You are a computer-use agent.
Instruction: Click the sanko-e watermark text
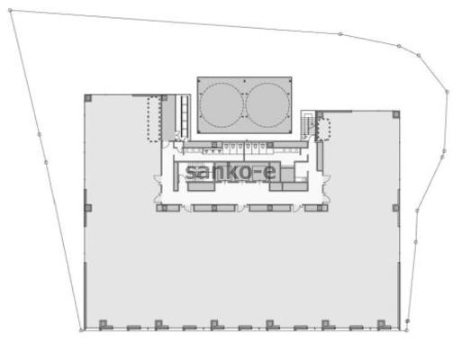tap(231, 172)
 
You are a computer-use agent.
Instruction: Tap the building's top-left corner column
tap(88, 98)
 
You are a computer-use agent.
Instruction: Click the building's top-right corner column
tap(396, 114)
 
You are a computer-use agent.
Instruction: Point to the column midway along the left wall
tap(88, 208)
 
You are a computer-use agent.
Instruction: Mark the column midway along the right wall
tap(396, 208)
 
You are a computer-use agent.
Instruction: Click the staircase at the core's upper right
tap(308, 124)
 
